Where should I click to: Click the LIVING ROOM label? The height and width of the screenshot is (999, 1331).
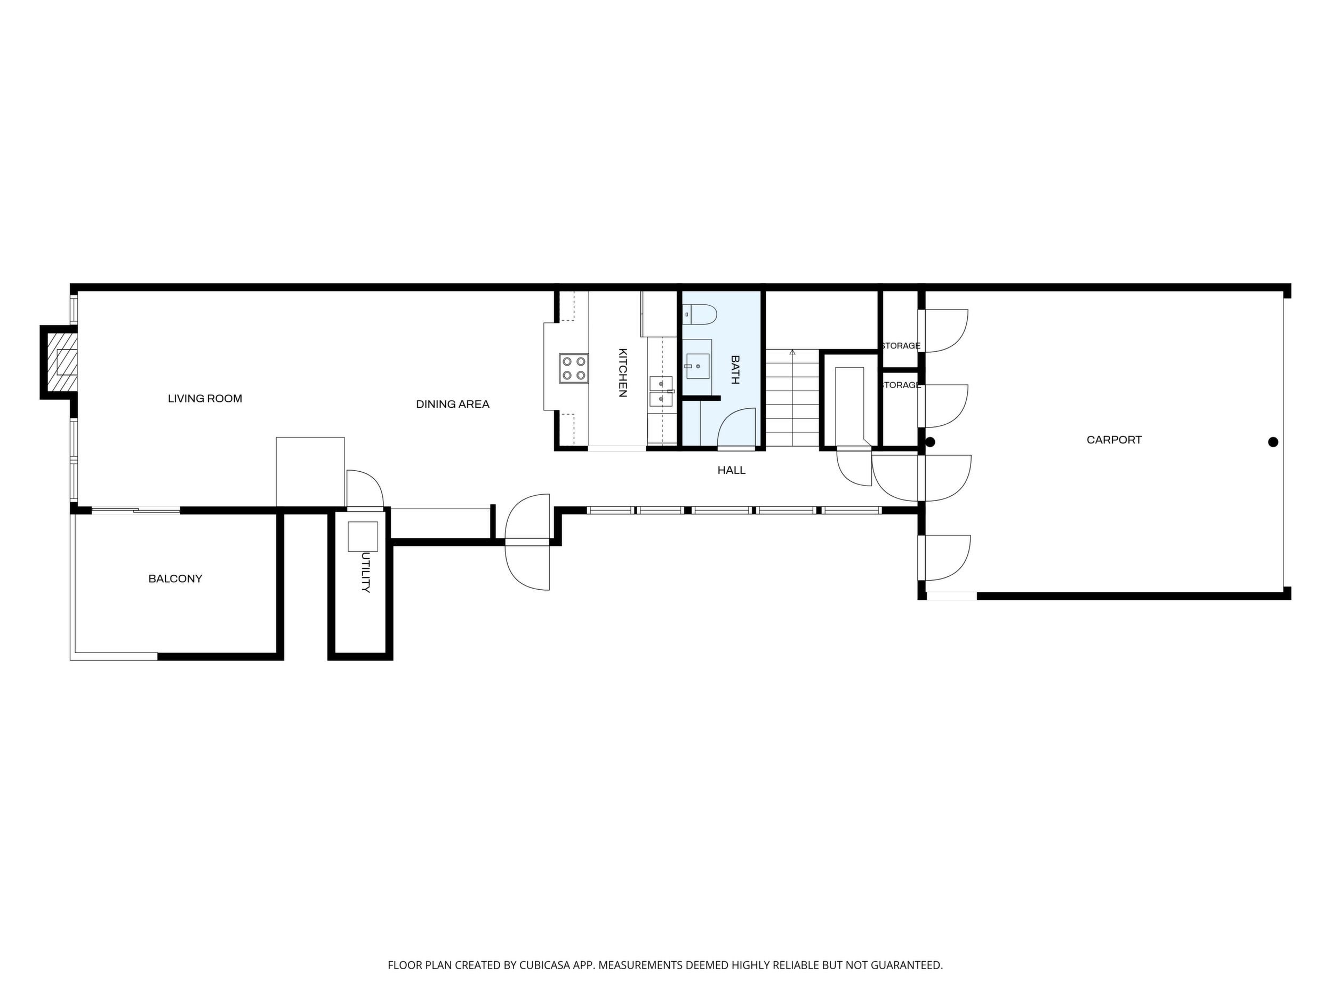[205, 399]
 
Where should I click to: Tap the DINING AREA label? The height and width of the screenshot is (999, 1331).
[453, 405]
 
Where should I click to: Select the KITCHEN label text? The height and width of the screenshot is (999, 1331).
[623, 372]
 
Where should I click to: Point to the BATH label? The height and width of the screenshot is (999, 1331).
[735, 370]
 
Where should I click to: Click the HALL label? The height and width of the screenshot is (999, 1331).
[731, 470]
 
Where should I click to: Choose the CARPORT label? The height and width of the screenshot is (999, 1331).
[1114, 440]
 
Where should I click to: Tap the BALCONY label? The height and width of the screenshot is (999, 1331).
[175, 578]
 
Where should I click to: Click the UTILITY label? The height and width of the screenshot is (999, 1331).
[365, 573]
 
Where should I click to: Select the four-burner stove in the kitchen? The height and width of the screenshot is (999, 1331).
[573, 368]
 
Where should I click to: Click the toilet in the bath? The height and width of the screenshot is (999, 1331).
[700, 314]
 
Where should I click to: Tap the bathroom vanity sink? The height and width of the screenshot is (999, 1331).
[697, 366]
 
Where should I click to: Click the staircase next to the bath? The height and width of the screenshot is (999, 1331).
[792, 398]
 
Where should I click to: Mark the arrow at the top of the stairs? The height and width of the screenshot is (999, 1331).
[792, 353]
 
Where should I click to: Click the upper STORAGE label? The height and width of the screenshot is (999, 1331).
[900, 346]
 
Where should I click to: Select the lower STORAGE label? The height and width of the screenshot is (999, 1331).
[900, 385]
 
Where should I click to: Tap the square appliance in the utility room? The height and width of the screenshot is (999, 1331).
[363, 536]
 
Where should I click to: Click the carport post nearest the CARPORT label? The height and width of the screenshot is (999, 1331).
[1273, 442]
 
